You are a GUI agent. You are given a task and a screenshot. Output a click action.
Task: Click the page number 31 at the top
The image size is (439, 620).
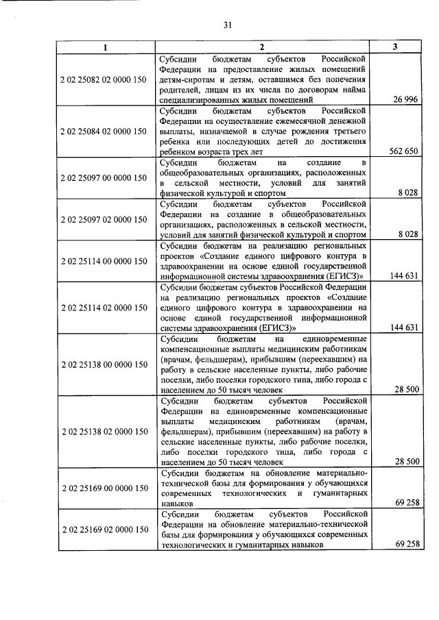(x=228, y=26)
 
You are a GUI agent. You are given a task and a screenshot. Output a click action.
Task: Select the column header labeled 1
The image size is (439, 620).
(x=105, y=47)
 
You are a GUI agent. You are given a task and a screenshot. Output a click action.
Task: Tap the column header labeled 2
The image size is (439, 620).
(x=261, y=47)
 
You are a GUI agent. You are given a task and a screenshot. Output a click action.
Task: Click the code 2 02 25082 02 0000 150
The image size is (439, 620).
(x=104, y=79)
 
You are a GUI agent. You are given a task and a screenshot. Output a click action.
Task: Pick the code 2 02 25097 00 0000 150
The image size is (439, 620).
(x=104, y=177)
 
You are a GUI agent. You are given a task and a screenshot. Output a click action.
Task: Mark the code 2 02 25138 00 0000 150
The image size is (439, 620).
(x=104, y=364)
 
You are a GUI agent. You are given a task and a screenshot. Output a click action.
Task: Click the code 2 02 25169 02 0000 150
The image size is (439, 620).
(x=104, y=530)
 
